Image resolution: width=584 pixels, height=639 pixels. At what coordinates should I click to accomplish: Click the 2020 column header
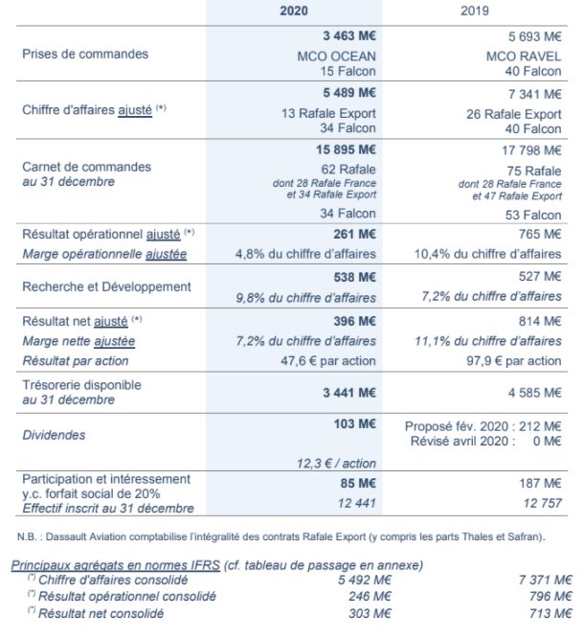[x=293, y=11]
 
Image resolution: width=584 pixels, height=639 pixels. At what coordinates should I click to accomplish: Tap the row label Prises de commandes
[x=85, y=54]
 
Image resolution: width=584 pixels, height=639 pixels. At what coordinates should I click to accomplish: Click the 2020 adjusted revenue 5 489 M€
[x=346, y=95]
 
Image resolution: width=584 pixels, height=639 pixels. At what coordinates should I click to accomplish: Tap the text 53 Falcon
[x=533, y=214]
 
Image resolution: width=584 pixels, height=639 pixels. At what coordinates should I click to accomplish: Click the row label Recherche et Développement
[x=106, y=286]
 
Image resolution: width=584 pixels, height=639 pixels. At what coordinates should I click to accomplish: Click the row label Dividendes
[x=54, y=435]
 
